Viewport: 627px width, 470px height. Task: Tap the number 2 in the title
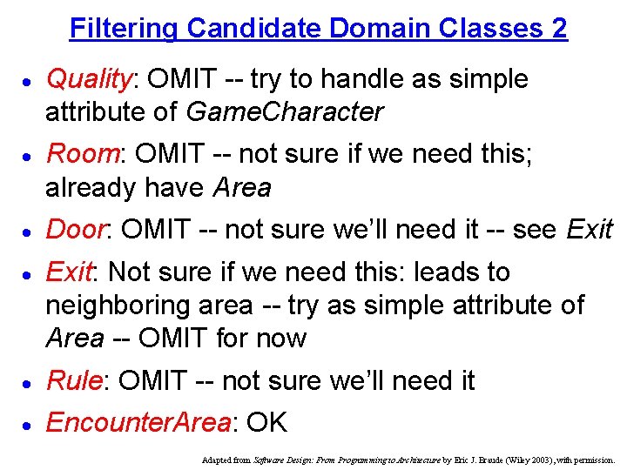[x=559, y=28]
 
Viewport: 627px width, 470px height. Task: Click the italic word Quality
[x=88, y=79]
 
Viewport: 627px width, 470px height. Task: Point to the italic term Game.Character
[x=285, y=112]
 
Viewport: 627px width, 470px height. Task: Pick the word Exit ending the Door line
[x=590, y=230]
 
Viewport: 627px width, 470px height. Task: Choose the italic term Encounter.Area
[x=138, y=422]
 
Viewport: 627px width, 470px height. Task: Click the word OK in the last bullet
[x=266, y=422]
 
